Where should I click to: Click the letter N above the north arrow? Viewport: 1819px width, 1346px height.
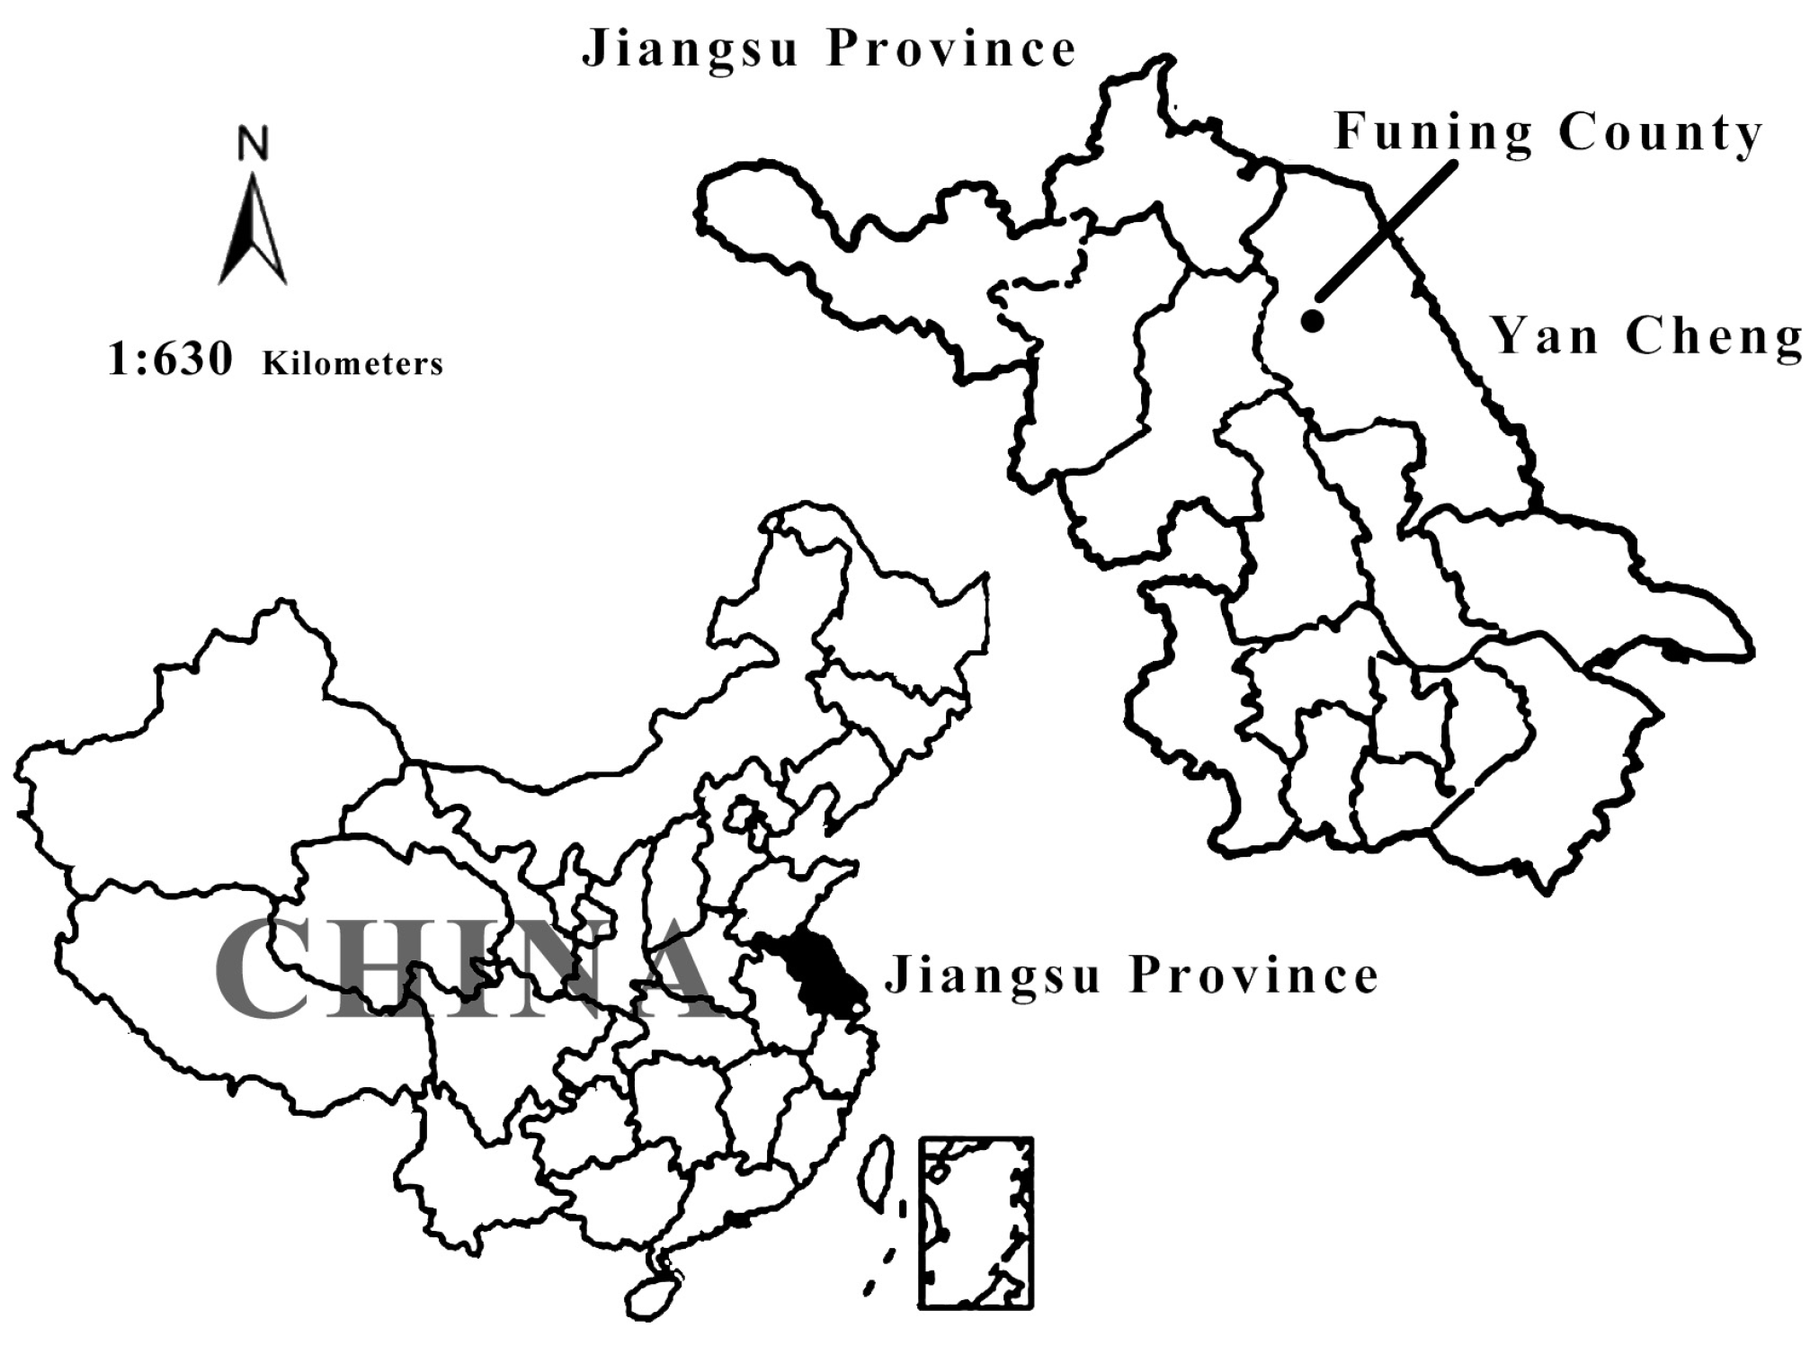click(x=253, y=144)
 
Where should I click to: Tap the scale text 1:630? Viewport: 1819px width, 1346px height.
click(x=170, y=359)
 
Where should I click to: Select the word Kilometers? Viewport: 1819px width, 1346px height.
click(x=353, y=363)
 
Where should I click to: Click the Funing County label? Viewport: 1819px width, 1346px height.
click(x=1547, y=133)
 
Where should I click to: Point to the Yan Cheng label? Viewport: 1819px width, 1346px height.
click(x=1647, y=337)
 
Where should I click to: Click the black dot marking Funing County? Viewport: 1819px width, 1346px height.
click(x=1312, y=319)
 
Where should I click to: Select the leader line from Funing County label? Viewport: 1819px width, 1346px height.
click(x=1386, y=231)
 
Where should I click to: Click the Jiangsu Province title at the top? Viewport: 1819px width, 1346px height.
click(x=829, y=49)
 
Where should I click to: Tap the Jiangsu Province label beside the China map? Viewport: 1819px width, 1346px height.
click(x=1131, y=976)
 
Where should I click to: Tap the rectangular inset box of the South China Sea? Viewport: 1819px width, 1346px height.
click(x=976, y=1222)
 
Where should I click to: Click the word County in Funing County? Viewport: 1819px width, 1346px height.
click(x=1660, y=133)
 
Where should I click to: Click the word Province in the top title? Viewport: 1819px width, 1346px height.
click(x=951, y=49)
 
